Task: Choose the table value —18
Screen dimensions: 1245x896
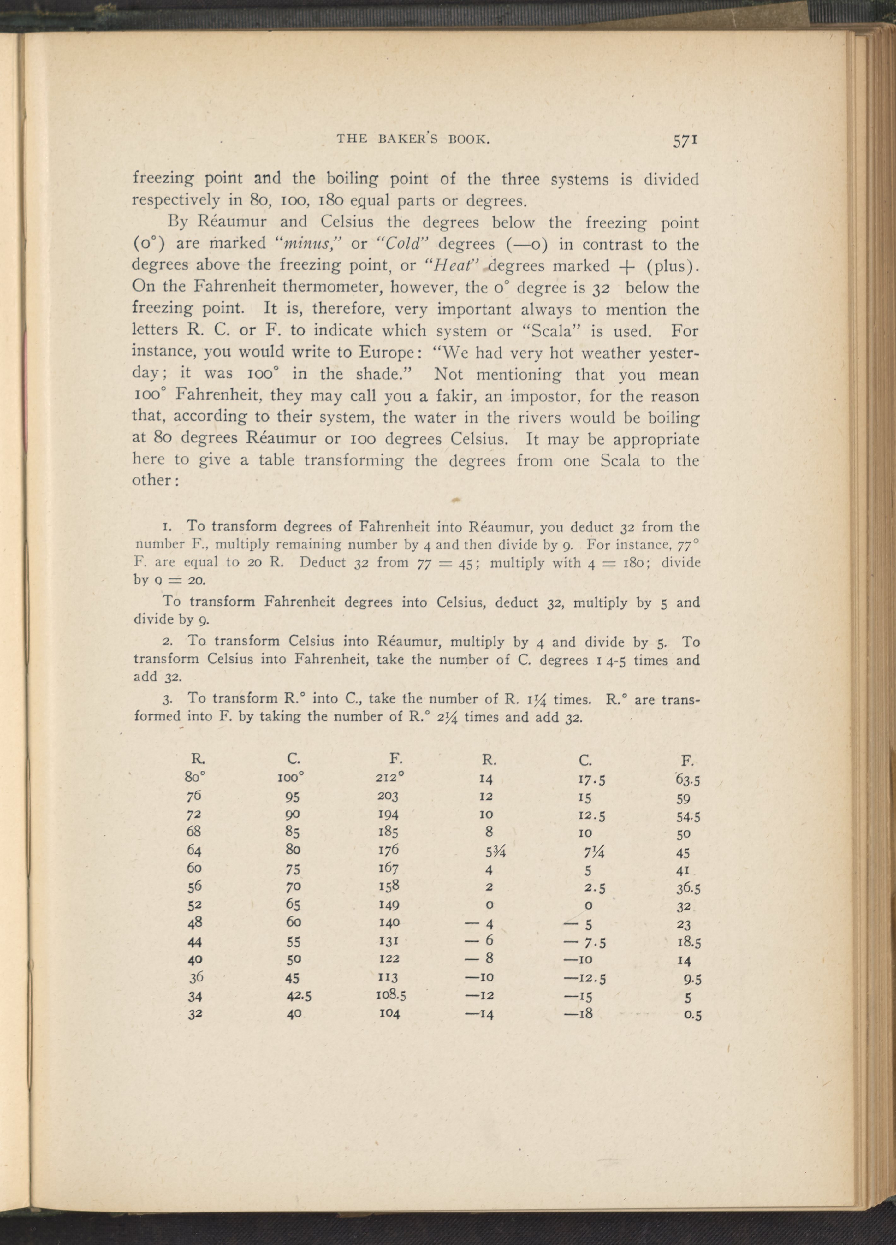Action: pyautogui.click(x=579, y=1013)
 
